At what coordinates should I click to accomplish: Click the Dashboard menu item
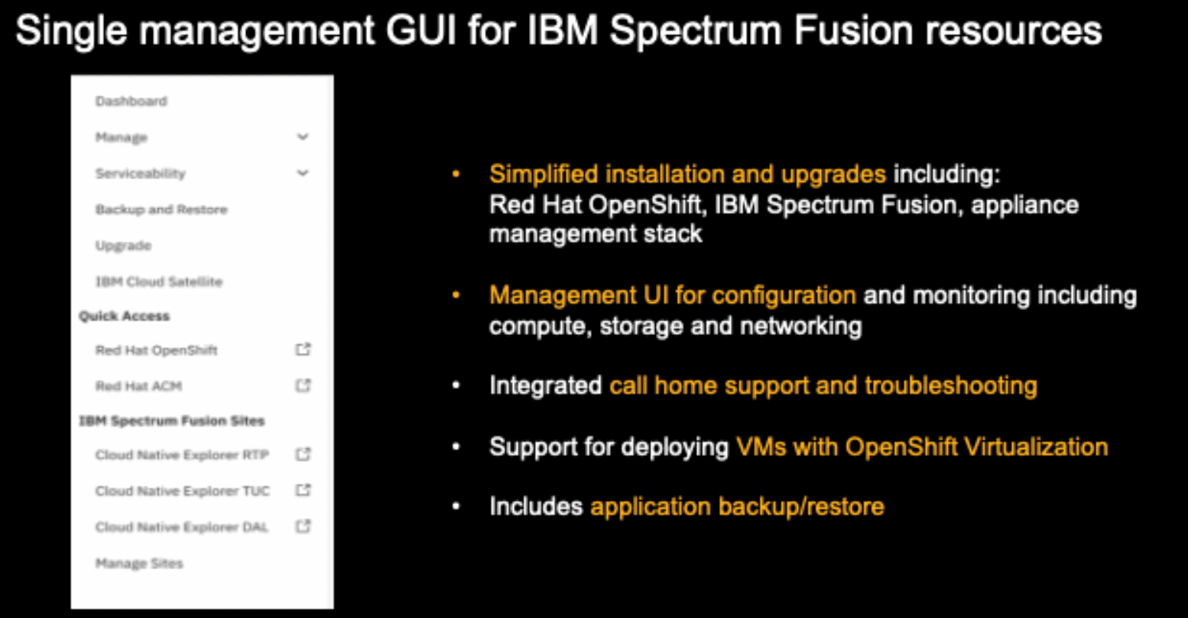tap(131, 101)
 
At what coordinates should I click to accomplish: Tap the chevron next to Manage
tap(303, 137)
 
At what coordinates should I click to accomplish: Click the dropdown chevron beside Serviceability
tap(303, 173)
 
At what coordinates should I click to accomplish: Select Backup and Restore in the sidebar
tap(161, 210)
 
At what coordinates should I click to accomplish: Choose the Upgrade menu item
tap(123, 246)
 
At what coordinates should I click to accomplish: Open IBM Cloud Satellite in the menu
tap(158, 281)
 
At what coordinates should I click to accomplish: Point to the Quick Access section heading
tap(124, 316)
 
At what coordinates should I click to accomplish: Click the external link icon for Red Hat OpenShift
tap(303, 350)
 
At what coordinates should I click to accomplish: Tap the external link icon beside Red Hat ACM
tap(303, 385)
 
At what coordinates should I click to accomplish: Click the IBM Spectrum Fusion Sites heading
tap(171, 421)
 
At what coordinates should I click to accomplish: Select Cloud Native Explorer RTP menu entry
tap(182, 454)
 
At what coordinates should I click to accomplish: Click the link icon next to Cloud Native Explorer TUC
tap(303, 490)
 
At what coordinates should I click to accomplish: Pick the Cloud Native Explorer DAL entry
tap(182, 527)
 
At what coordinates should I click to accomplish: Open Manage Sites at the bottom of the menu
tap(139, 564)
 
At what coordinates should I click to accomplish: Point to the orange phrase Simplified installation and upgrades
tap(687, 174)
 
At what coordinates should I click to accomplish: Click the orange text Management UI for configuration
tap(672, 295)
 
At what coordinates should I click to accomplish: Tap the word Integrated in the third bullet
tap(545, 385)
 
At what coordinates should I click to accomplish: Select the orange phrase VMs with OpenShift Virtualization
tap(922, 447)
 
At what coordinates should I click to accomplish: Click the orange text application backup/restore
tap(737, 506)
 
